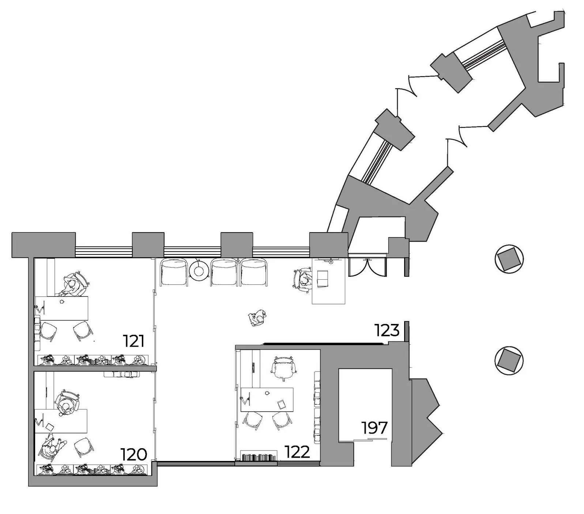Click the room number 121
tap(134, 341)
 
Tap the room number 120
tap(134, 454)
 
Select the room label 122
tap(297, 452)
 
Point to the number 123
tap(387, 330)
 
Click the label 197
tap(374, 427)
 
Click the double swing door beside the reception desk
tap(367, 267)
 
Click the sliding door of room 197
tap(370, 439)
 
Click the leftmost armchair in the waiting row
tap(174, 272)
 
